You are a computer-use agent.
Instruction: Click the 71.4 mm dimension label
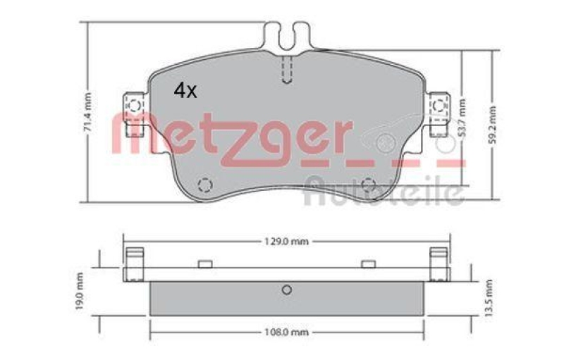88,111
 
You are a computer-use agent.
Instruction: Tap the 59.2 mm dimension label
492,124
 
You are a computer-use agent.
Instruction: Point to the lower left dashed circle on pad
204,185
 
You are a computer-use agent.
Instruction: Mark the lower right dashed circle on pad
368,185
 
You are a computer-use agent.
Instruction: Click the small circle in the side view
286,290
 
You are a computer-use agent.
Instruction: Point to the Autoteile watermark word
384,192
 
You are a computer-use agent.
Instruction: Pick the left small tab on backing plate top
205,264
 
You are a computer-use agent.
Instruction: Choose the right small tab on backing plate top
367,264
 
